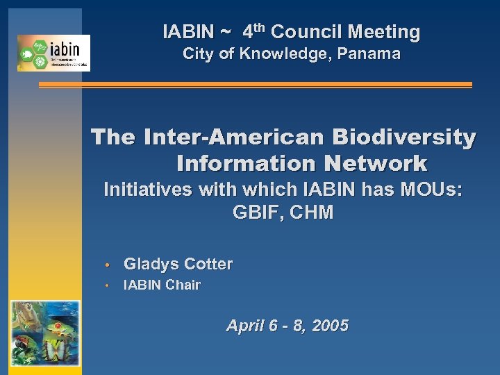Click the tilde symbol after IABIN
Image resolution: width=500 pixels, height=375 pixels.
pyautogui.click(x=226, y=33)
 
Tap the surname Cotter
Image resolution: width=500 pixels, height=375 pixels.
pyautogui.click(x=208, y=264)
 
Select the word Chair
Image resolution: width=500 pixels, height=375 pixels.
pyautogui.click(x=183, y=285)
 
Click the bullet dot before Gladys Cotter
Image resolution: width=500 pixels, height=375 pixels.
pyautogui.click(x=108, y=265)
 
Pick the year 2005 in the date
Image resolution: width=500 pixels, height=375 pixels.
pyautogui.click(x=329, y=325)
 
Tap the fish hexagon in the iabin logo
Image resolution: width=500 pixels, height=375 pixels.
pyautogui.click(x=26, y=53)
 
